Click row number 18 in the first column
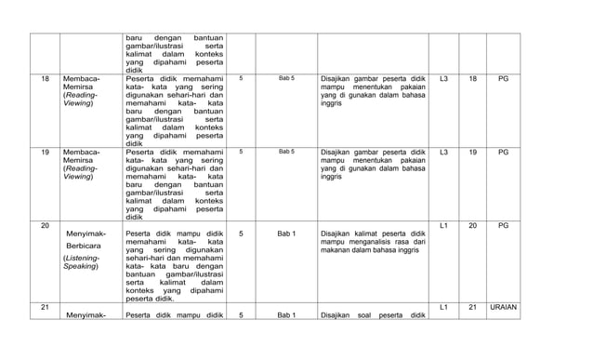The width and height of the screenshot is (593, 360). (46, 79)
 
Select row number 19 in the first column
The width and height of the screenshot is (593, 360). (46, 152)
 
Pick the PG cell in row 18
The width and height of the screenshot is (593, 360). (503, 79)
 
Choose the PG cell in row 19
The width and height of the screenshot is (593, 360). (503, 152)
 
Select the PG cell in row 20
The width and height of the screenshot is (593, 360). (503, 226)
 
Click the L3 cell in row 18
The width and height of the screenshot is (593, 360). (443, 79)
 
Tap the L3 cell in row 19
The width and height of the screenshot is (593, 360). (443, 152)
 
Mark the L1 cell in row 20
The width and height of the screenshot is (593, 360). (443, 226)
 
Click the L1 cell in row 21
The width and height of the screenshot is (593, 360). (443, 306)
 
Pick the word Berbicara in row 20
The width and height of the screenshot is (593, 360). (86, 245)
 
